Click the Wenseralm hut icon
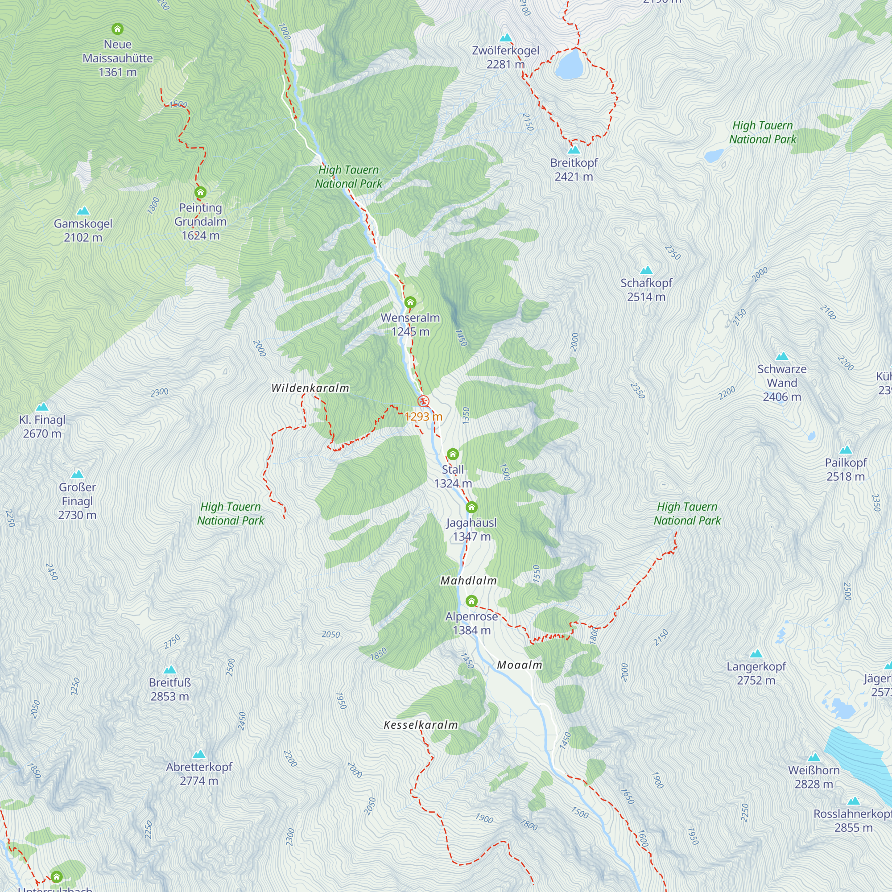(x=410, y=303)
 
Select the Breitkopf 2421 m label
(x=574, y=169)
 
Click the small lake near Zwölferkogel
(x=567, y=65)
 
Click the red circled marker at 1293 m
(x=423, y=401)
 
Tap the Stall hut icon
(x=453, y=454)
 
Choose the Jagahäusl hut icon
(x=471, y=508)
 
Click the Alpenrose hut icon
(x=471, y=601)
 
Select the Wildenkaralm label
(x=310, y=388)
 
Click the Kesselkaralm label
(x=421, y=725)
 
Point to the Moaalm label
(x=520, y=665)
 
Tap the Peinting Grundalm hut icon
(x=200, y=193)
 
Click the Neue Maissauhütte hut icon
(x=118, y=29)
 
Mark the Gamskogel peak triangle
(x=83, y=211)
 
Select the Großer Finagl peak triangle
(x=78, y=474)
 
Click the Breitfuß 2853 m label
(x=170, y=690)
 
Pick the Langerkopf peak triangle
(x=756, y=654)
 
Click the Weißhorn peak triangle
(x=814, y=758)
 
